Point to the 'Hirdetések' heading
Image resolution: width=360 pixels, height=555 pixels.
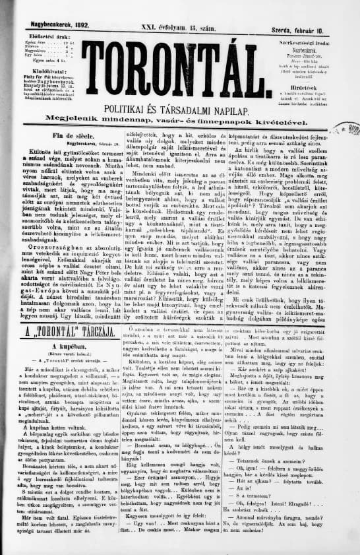click(x=307, y=68)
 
